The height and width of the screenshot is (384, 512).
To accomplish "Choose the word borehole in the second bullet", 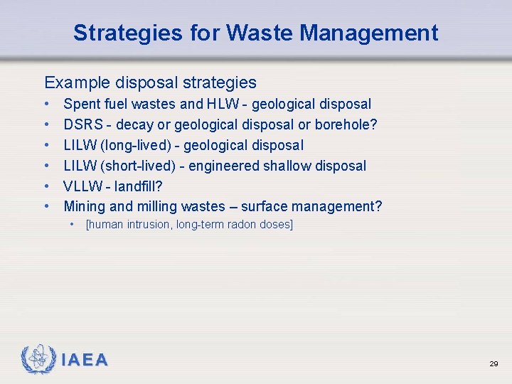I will click(x=343, y=124).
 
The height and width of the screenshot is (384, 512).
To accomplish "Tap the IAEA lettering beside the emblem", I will click(x=85, y=361).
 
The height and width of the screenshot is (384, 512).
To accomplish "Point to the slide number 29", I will click(x=493, y=363).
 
